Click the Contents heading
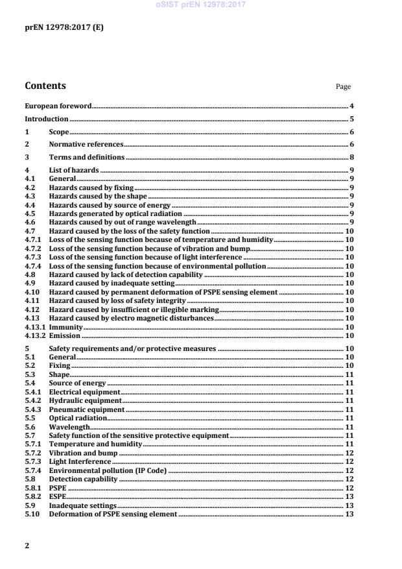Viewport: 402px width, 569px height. pos(45,86)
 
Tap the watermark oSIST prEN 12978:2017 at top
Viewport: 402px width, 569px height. pos(201,5)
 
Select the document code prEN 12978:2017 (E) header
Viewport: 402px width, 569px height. pos(64,27)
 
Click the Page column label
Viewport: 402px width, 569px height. pos(343,86)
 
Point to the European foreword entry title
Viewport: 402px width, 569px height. pos(58,105)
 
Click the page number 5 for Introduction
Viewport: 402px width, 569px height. pos(351,119)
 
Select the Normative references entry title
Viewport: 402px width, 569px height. pos(86,145)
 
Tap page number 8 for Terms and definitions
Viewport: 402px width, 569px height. pos(351,158)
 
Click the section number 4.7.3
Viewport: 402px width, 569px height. pos(33,258)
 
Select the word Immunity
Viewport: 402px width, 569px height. pos(65,327)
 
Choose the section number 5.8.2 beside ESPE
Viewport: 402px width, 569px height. pos(33,496)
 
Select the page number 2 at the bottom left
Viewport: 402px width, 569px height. pos(27,546)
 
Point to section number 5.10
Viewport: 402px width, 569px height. pos(32,514)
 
